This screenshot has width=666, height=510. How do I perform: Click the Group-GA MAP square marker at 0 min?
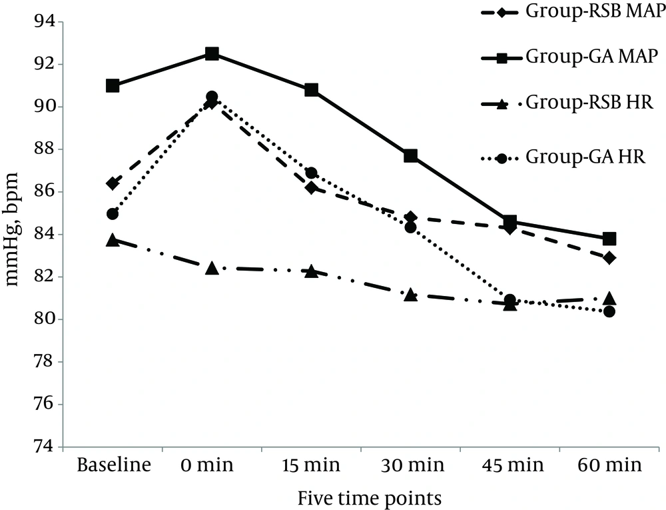212,54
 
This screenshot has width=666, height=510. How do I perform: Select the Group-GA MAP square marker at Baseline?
113,86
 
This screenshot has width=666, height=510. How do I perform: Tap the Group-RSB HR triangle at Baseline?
113,240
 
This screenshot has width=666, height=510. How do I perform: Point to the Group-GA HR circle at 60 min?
609,311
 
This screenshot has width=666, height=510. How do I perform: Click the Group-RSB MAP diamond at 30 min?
410,217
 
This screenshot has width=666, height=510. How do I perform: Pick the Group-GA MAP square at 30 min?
410,156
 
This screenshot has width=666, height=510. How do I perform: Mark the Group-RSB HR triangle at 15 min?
311,271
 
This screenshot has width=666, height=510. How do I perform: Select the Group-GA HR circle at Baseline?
113,214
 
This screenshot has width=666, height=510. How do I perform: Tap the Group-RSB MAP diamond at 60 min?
609,258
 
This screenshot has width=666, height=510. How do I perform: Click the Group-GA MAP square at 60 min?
609,239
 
